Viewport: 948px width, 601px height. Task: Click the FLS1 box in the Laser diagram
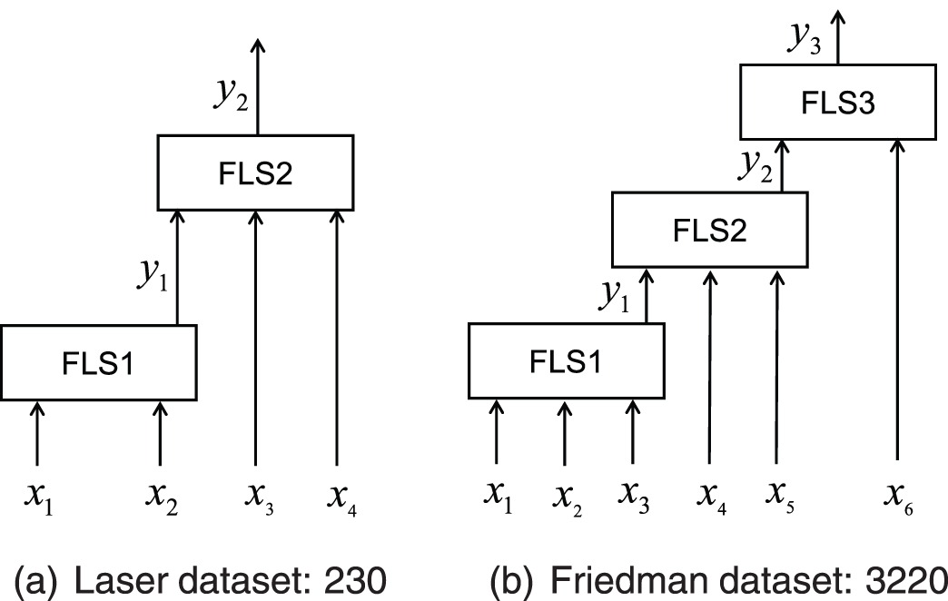[99, 362]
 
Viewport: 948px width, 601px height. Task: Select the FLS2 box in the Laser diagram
[255, 172]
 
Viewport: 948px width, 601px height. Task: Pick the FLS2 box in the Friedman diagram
[709, 231]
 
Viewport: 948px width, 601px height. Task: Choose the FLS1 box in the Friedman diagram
[565, 361]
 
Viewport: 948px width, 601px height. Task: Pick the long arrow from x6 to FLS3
[898, 300]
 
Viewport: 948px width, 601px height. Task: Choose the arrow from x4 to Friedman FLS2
[709, 363]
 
